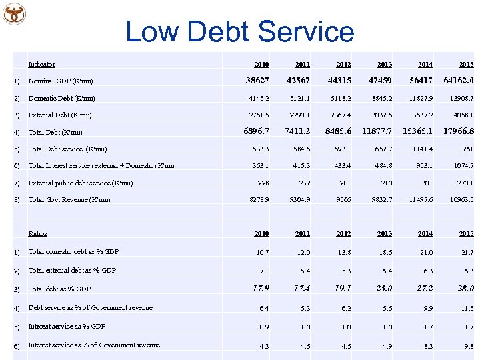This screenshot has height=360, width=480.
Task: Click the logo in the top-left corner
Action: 13,13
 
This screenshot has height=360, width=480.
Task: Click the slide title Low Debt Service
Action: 240,31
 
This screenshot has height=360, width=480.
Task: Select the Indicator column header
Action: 41,65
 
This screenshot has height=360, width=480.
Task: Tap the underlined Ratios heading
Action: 38,234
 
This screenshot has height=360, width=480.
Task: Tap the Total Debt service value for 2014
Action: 423,149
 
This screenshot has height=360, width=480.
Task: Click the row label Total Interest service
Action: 101,166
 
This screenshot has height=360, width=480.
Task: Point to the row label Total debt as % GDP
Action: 59,289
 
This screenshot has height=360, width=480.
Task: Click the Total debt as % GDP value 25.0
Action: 383,289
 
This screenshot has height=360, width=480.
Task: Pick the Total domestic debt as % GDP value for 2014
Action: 425,252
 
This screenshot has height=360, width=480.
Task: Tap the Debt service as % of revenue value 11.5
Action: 466,308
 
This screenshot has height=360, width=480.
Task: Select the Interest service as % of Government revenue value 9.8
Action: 467,345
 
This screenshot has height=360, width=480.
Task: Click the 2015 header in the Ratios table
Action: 466,234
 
